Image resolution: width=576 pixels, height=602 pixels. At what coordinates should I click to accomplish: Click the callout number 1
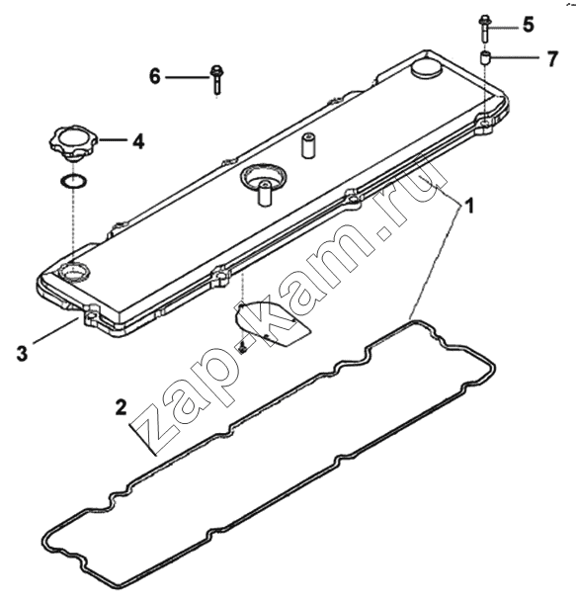coord(469,206)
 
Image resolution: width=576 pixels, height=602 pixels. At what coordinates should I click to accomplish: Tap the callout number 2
coord(122,407)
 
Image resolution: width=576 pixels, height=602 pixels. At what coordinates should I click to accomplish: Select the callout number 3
coord(23,353)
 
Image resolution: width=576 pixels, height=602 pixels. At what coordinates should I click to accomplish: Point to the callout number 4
coord(138,141)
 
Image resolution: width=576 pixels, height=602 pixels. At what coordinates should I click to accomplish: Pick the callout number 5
coord(528,25)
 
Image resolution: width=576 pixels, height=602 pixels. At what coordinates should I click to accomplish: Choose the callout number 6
coord(155,76)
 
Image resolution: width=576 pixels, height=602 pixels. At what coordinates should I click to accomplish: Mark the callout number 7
coord(552,59)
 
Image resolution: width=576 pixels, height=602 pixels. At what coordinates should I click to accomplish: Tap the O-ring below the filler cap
coord(74,181)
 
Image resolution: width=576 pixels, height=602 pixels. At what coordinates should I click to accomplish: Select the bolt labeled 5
coord(484,29)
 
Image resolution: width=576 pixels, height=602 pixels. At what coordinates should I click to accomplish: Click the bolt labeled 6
coord(216,79)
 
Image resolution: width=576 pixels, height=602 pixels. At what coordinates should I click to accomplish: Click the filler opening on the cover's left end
coord(74,272)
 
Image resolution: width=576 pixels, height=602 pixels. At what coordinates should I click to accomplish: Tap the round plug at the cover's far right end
coord(427,69)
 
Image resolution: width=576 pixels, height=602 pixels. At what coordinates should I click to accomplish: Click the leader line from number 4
coord(114,140)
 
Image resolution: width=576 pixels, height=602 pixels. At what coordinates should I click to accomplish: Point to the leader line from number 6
coord(188,77)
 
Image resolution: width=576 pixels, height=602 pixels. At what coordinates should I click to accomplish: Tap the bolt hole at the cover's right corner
coord(485,123)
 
